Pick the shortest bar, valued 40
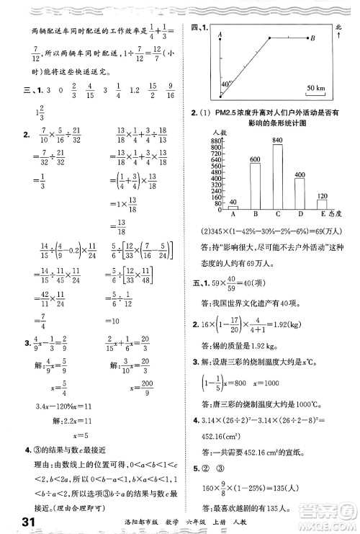pos(232,208)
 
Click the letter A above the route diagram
pos(218,35)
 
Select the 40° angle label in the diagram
pos(225,84)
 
